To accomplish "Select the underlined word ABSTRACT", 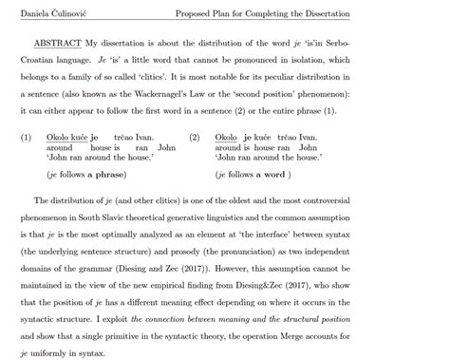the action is click(x=56, y=44).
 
